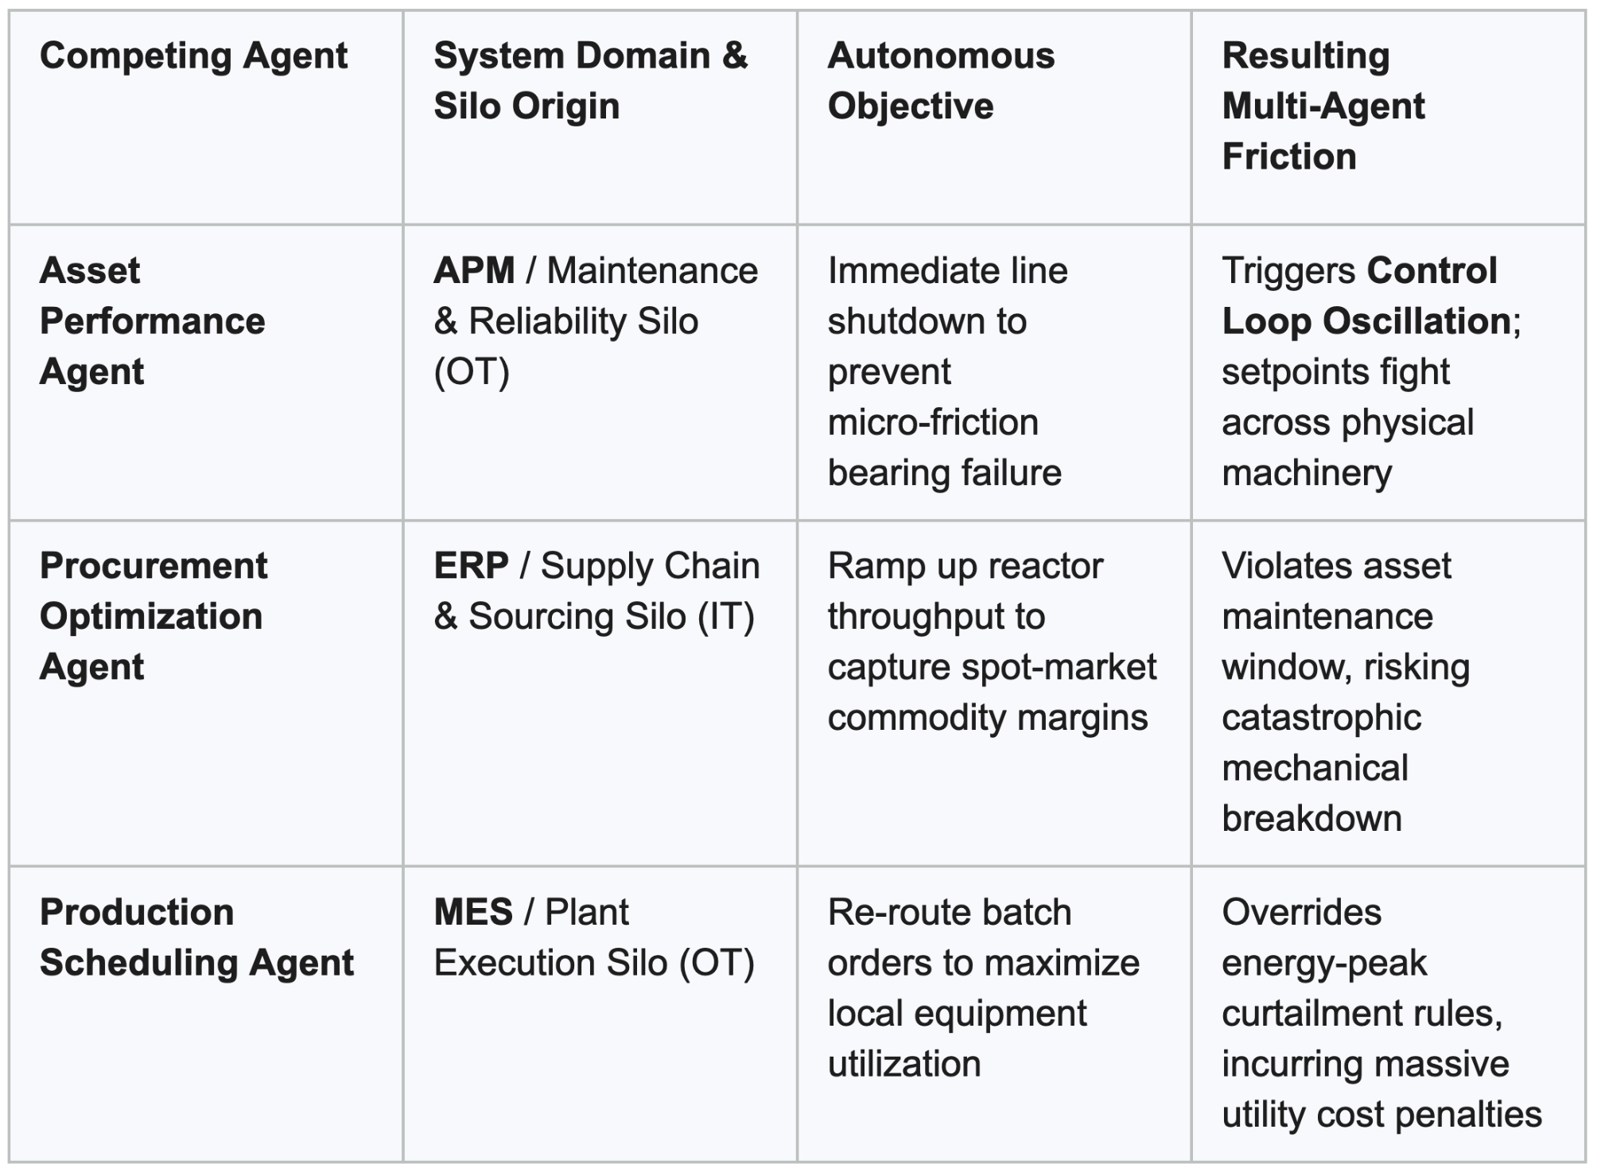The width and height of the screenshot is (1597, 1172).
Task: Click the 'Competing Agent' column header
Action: tap(193, 56)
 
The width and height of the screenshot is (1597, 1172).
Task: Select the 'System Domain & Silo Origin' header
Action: tap(591, 80)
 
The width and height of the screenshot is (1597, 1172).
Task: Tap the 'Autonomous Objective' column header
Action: tap(941, 80)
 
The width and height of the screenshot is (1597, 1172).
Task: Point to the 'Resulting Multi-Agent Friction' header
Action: tap(1323, 106)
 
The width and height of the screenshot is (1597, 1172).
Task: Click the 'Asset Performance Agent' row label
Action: tap(152, 321)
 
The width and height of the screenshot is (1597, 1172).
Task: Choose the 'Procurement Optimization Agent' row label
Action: tap(153, 616)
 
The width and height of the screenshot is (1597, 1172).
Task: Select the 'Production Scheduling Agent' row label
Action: tap(196, 937)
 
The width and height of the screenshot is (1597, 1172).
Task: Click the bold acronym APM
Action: tap(474, 271)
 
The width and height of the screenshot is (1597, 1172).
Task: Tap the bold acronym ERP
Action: tap(471, 566)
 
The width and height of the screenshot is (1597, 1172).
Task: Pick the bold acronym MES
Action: tap(473, 912)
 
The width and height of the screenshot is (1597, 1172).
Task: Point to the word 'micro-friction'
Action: tap(933, 422)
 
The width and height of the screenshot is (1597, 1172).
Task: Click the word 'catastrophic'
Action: tap(1321, 718)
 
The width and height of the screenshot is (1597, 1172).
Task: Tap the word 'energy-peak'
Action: tap(1324, 964)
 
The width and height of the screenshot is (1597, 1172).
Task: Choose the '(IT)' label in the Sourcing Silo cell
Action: tap(725, 617)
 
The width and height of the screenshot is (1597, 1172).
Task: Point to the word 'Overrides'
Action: tap(1302, 912)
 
